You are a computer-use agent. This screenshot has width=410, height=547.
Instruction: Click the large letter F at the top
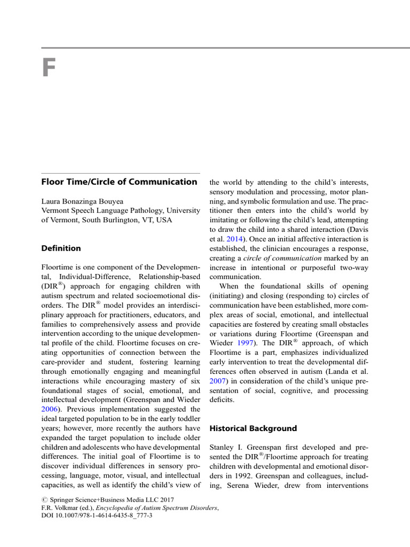click(x=49, y=68)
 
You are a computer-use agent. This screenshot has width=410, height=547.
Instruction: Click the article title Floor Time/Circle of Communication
click(x=119, y=182)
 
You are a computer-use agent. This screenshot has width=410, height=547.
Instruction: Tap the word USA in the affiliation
click(x=163, y=220)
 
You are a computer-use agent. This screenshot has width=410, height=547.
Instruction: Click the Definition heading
click(x=61, y=248)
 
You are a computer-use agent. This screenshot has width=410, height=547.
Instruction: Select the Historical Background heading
click(x=253, y=428)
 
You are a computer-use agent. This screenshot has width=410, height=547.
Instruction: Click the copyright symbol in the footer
click(x=44, y=500)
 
